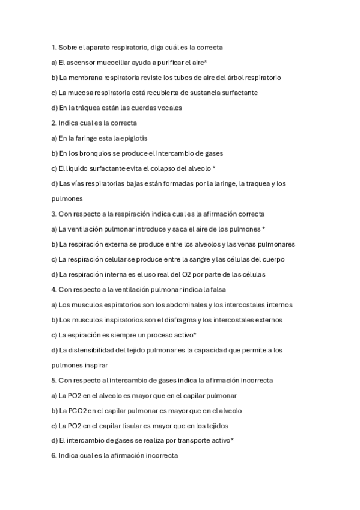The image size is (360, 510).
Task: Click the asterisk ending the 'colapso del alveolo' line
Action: pos(215,168)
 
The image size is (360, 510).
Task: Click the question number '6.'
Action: pos(54,456)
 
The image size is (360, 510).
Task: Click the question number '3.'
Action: pos(54,214)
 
